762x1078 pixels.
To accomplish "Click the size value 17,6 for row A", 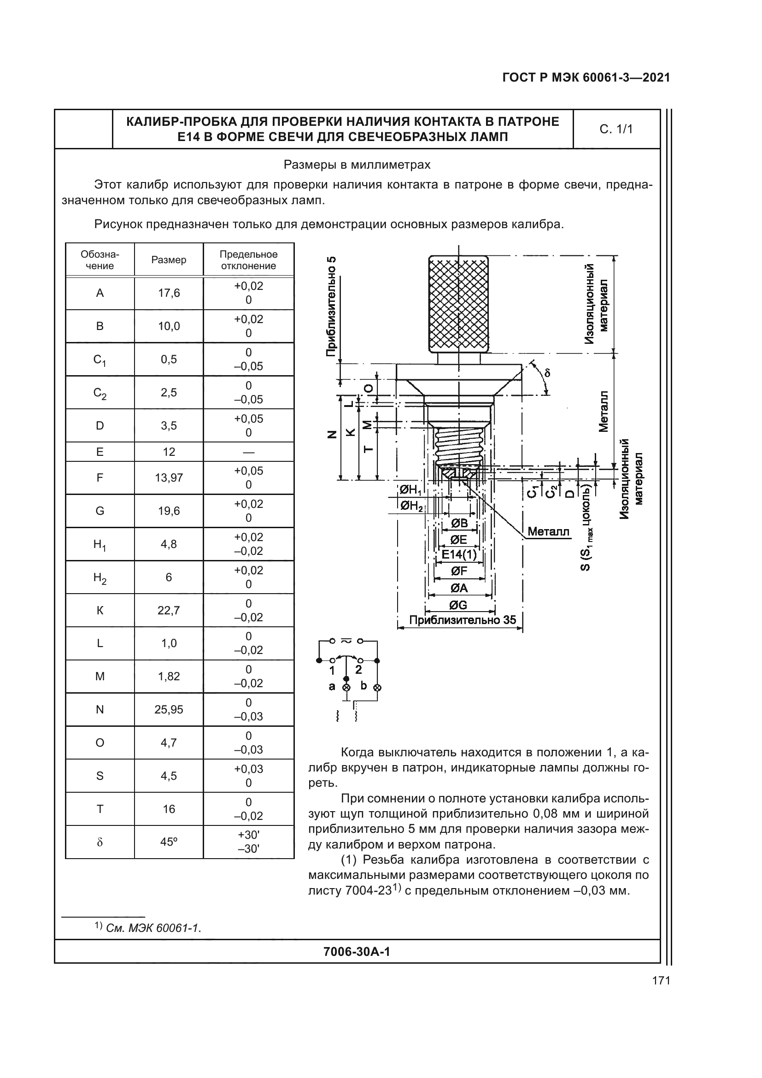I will [169, 294].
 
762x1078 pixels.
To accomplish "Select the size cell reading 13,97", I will [169, 478].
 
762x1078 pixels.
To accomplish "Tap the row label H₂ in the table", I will [100, 578].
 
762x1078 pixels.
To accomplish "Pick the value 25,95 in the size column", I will [169, 710].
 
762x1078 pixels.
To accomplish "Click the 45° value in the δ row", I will [169, 842].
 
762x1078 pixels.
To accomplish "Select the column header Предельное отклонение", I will [249, 259].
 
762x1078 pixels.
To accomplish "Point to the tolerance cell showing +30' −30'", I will [249, 842].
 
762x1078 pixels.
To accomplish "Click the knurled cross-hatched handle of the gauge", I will [458, 304].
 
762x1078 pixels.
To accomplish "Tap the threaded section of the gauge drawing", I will [458, 444].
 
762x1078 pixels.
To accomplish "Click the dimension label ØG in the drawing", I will [459, 605].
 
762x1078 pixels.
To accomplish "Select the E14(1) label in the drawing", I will [459, 555].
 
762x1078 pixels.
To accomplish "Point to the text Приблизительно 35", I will [463, 620].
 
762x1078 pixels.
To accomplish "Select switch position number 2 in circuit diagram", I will [358, 670].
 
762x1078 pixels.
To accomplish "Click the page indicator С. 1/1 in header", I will [616, 129].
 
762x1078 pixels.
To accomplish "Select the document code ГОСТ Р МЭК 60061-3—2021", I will [586, 78].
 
